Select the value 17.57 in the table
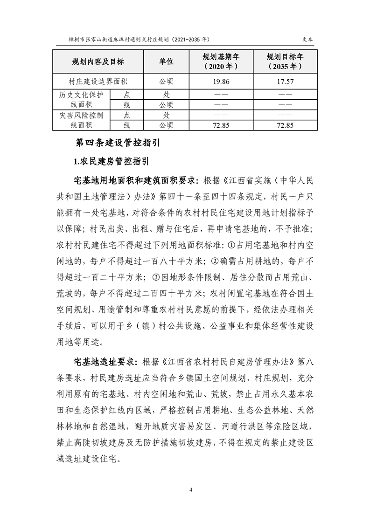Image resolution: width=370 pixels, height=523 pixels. click(x=285, y=81)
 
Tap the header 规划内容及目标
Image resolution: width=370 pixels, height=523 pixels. click(x=98, y=62)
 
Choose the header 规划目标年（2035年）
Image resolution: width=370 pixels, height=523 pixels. click(x=285, y=62)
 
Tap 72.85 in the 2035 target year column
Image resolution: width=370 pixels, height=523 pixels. click(x=285, y=125)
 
